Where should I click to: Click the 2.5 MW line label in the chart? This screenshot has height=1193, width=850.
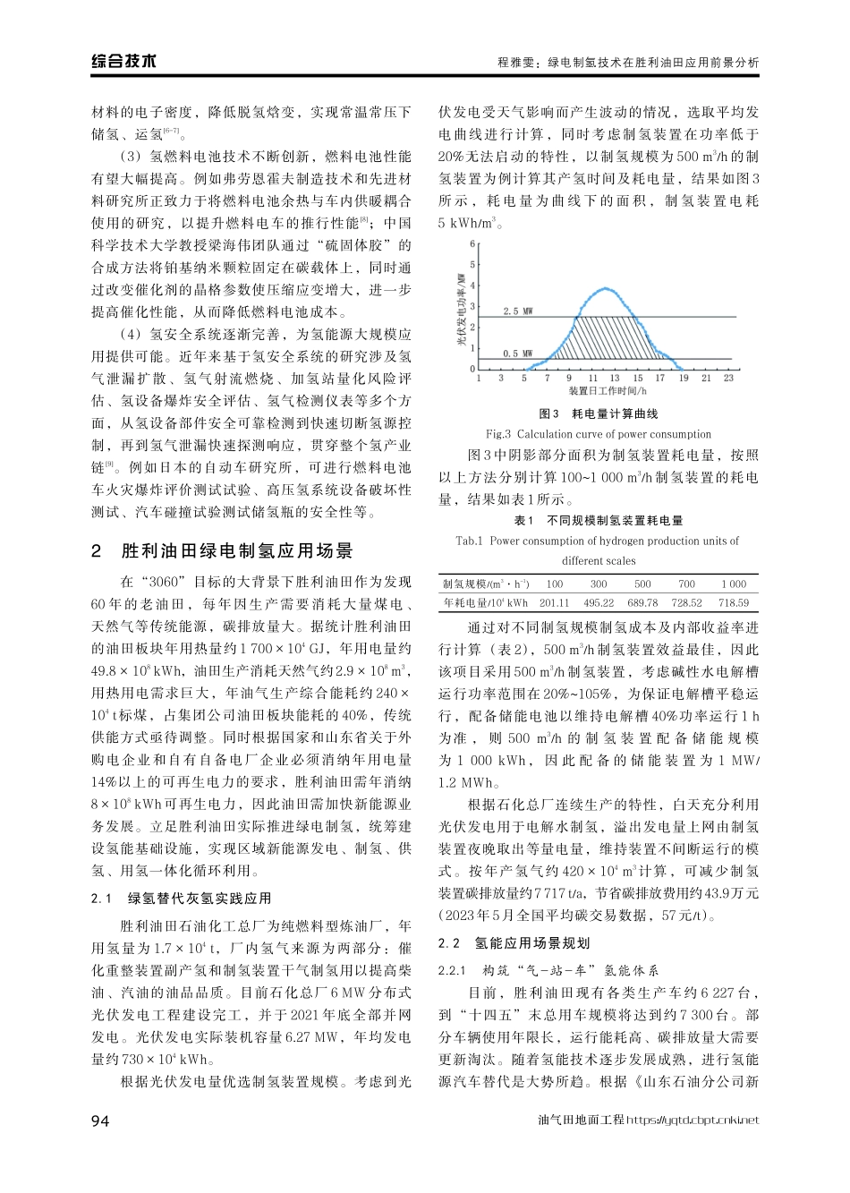click(x=518, y=311)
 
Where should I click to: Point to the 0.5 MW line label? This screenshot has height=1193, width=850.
click(x=517, y=354)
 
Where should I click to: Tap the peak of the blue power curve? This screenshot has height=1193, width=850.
click(x=607, y=289)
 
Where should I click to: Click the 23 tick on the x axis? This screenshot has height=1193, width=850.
click(x=728, y=379)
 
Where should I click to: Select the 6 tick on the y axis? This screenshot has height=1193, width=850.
click(x=472, y=244)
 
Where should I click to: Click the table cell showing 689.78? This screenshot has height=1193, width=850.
click(x=642, y=603)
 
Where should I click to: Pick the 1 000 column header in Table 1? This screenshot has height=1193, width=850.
click(x=734, y=584)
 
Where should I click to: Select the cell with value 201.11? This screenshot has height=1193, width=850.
click(x=554, y=603)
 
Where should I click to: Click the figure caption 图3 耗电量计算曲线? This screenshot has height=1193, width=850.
click(x=599, y=414)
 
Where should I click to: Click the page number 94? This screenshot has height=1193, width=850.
click(x=101, y=1120)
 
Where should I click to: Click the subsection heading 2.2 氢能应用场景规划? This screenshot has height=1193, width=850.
click(x=514, y=943)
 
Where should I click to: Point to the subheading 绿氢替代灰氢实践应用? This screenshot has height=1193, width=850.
click(x=199, y=899)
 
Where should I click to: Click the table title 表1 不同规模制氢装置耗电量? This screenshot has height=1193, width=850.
click(x=598, y=521)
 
